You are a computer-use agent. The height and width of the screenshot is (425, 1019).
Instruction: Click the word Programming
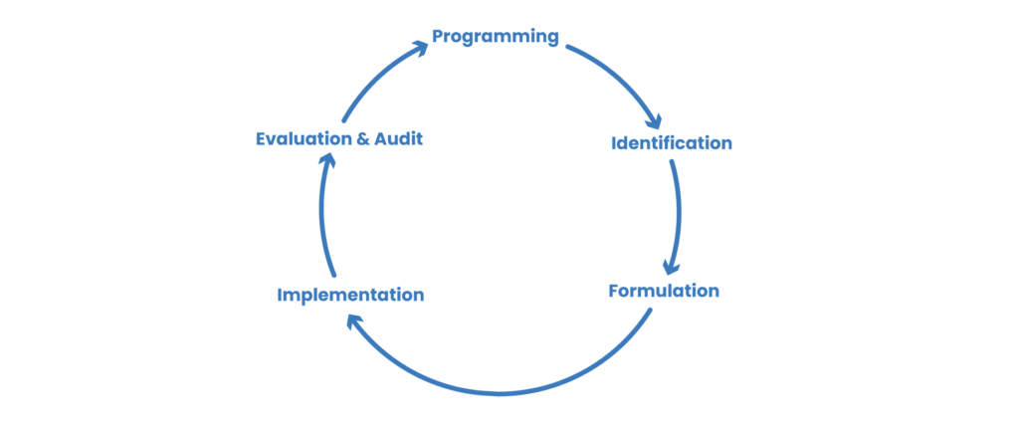[x=495, y=38]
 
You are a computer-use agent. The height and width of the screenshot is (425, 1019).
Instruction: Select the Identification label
[x=671, y=143]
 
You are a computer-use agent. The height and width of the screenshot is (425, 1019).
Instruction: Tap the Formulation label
[x=664, y=292]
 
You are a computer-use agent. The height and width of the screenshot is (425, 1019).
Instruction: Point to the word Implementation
[x=350, y=295]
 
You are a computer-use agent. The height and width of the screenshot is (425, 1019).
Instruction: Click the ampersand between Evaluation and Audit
[x=363, y=139]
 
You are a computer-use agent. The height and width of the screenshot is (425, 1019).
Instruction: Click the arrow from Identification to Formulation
[x=677, y=214]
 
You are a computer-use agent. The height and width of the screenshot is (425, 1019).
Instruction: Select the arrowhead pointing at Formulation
[x=671, y=269]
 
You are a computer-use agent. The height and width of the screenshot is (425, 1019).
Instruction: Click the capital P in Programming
[x=438, y=38]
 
